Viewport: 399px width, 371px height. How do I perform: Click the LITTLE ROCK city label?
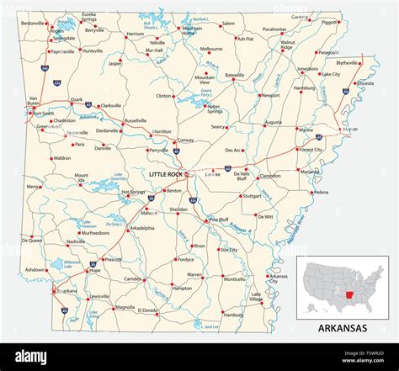pyautogui.click(x=166, y=174)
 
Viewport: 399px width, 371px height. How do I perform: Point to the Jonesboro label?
pyautogui.click(x=307, y=69)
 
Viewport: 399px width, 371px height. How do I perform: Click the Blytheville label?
pyautogui.click(x=347, y=62)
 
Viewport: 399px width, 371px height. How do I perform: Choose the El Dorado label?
pyautogui.click(x=148, y=310)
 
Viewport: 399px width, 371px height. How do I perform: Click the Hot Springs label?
pyautogui.click(x=133, y=192)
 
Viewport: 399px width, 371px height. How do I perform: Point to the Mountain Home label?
pyautogui.click(x=192, y=31)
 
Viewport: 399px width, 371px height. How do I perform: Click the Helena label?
pyautogui.click(x=322, y=192)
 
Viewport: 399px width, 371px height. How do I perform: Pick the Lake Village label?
pyautogui.click(x=256, y=297)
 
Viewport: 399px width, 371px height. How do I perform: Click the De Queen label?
pyautogui.click(x=33, y=241)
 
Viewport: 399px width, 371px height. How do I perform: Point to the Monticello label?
pyautogui.click(x=235, y=278)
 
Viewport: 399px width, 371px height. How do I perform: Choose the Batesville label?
pyautogui.click(x=235, y=75)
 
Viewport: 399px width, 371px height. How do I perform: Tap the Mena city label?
pyautogui.click(x=33, y=187)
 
